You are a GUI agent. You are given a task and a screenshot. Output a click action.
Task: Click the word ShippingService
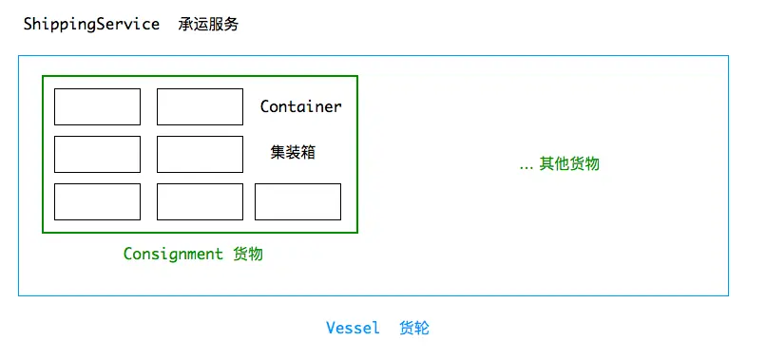point(91,25)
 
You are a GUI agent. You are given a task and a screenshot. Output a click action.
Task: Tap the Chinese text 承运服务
point(208,25)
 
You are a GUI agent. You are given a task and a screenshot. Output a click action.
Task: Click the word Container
point(300,106)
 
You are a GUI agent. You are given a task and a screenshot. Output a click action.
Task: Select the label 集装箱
point(293,152)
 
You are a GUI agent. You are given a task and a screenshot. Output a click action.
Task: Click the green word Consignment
point(173,254)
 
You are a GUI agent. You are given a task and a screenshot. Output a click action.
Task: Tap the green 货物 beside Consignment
point(248,254)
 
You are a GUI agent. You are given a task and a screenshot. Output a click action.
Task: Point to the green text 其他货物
point(569,163)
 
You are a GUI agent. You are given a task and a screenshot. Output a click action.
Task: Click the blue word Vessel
point(353,328)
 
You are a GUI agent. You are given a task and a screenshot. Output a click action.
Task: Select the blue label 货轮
point(414,328)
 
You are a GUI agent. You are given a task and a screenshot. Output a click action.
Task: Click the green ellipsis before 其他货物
point(527,168)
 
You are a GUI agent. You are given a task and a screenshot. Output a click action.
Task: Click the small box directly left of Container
point(200,106)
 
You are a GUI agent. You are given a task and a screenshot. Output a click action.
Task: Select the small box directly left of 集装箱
point(200,155)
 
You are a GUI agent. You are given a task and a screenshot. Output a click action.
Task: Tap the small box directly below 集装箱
point(298,201)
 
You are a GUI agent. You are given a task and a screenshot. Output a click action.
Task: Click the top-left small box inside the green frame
point(97,106)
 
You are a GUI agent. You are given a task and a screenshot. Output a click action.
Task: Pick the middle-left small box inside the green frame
point(97,155)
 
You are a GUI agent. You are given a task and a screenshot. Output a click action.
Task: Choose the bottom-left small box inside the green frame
point(97,201)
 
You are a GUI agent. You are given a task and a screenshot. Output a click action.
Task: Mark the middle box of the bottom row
point(200,201)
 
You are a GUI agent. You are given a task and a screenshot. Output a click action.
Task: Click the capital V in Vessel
point(332,328)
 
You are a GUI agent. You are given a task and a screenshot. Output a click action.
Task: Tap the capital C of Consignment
point(128,254)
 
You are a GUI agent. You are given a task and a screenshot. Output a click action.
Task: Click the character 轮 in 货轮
point(422,328)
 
